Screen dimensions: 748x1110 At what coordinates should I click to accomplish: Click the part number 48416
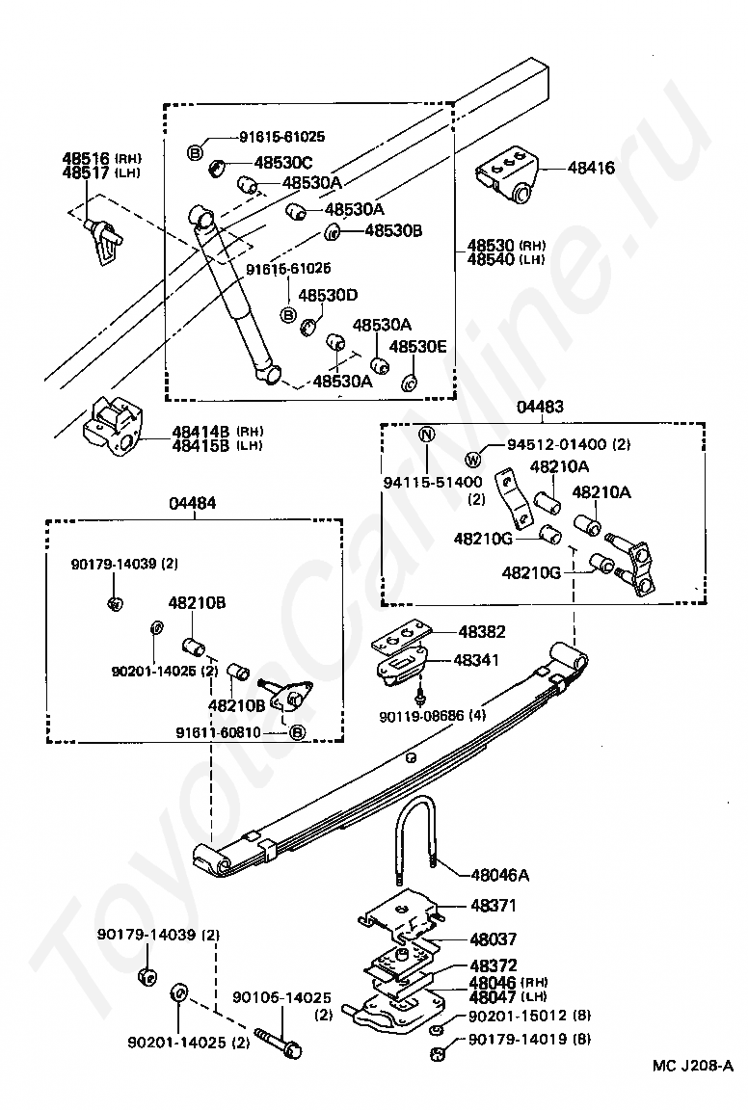[x=591, y=169]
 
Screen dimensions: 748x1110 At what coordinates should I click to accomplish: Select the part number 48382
[x=482, y=631]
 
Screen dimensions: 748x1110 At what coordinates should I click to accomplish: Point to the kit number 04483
[x=541, y=407]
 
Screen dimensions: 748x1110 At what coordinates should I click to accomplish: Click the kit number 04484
[x=193, y=503]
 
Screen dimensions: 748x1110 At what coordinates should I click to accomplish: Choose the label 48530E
[x=418, y=346]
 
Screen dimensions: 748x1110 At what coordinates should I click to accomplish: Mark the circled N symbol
[x=428, y=434]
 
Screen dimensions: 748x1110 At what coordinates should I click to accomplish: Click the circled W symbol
[x=473, y=460]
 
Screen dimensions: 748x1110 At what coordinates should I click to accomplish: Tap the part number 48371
[x=494, y=905]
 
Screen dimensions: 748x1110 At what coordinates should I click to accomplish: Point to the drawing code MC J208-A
[x=693, y=1084]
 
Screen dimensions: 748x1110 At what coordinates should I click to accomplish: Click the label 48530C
[x=283, y=163]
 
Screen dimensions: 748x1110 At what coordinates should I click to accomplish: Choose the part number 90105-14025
[x=281, y=997]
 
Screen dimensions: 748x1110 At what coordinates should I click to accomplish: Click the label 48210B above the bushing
[x=197, y=602]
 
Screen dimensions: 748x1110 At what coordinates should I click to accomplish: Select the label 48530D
[x=328, y=295]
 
